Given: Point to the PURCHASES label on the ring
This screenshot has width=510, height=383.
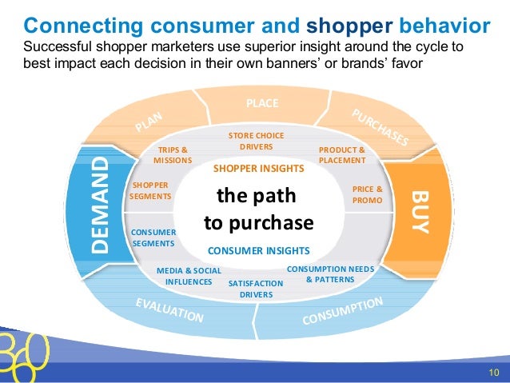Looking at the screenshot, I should pos(379,128).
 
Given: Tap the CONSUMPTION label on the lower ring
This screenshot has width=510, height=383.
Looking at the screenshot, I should pos(343,311).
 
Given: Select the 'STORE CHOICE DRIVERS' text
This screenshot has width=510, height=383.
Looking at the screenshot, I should pos(256,142).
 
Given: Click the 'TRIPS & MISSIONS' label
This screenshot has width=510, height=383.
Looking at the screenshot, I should pos(173,155).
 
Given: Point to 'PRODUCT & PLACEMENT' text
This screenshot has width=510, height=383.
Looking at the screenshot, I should pos(341,155).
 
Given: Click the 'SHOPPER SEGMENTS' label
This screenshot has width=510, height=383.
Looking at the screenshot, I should pos(149,190).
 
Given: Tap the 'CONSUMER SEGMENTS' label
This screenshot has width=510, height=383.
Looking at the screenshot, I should pos(153,237).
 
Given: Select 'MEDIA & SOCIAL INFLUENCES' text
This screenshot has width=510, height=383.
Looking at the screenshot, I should pos(189,276).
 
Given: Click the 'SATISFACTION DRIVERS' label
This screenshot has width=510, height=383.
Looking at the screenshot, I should pos(256,289).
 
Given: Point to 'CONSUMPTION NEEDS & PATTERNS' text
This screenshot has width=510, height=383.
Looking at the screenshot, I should pos(329,274).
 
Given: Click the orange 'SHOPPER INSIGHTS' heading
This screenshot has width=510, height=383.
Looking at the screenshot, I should pos(258,170).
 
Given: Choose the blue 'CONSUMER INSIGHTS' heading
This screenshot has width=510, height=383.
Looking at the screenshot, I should pos(258,250).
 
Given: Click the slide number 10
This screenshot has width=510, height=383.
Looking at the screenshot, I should pos(493,372).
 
